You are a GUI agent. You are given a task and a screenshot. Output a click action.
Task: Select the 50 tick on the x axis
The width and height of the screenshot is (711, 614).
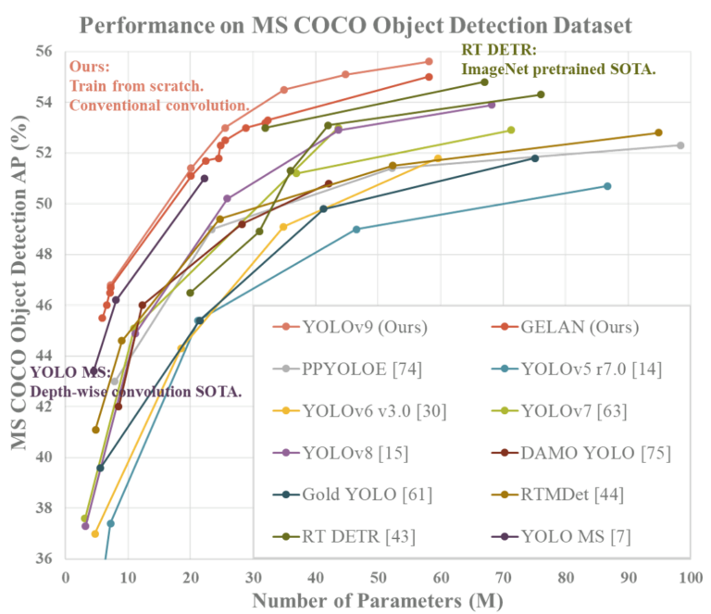[377, 578]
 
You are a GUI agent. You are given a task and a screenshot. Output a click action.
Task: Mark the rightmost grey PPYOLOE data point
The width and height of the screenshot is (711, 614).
[680, 145]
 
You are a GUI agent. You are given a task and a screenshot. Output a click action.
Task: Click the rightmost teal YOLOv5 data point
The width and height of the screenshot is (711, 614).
[607, 186]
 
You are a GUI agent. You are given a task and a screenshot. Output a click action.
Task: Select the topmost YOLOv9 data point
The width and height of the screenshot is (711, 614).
[428, 61]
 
